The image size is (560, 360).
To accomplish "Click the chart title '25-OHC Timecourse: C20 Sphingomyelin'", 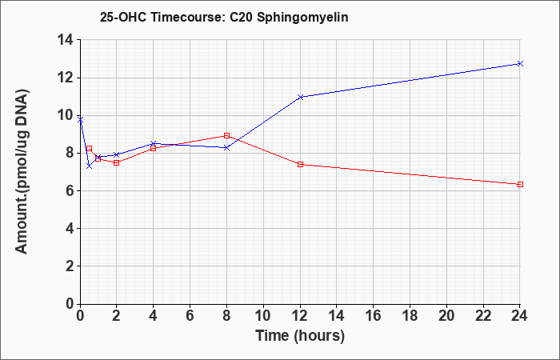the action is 224,17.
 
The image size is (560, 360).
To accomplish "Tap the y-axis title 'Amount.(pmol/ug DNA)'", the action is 22,171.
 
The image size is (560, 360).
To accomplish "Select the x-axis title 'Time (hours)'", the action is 300,336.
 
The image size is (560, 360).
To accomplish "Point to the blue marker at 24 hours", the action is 520,63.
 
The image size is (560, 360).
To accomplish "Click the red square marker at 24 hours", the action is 520,184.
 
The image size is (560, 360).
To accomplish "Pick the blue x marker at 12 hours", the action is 300,97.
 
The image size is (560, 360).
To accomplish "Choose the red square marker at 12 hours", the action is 300,164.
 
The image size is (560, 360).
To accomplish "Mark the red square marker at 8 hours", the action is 226,135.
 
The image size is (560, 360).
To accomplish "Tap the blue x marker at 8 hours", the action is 226,147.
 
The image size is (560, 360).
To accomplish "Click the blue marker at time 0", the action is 80,120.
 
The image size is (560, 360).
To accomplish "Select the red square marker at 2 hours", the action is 117,163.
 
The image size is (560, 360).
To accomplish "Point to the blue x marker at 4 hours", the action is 154,143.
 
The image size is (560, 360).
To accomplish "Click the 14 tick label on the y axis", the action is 66,40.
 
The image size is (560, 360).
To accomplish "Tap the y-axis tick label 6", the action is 70,190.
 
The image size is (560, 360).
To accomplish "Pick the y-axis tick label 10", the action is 66,115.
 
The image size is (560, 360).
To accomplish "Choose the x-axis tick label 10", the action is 263,316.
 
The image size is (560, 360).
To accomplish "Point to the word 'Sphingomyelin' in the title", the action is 302,18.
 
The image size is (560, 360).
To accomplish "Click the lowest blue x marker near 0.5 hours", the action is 90,166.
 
